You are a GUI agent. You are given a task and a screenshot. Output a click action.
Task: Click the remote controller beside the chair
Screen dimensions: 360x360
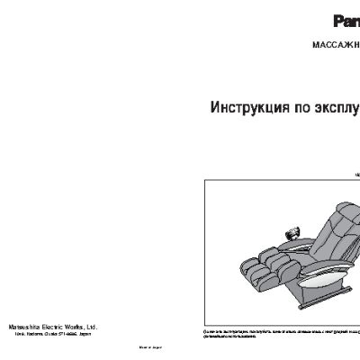(x=293, y=233)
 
